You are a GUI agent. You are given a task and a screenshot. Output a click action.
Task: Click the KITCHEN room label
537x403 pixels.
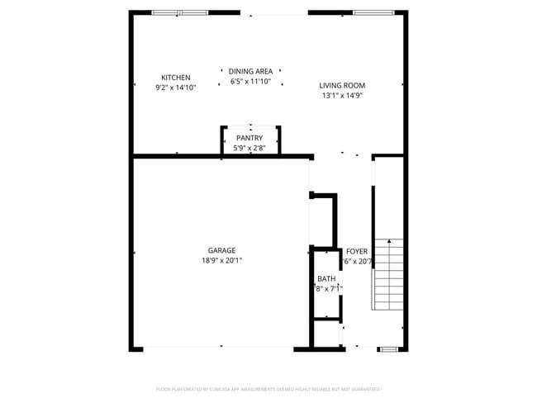click(175, 78)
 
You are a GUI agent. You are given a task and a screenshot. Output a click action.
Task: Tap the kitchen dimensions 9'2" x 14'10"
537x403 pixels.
click(175, 87)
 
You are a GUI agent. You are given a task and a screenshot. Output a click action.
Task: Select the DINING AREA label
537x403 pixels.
click(250, 72)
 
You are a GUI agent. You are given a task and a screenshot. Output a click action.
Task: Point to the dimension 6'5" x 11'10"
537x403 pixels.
click(250, 82)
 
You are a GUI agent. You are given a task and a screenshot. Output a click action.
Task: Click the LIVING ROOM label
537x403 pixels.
click(342, 85)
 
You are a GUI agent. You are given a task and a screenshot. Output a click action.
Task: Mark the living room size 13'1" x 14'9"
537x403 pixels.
click(342, 95)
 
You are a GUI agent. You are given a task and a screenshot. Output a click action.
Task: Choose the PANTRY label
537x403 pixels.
click(249, 138)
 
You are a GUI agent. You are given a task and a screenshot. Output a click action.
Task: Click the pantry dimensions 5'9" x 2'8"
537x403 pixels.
click(249, 148)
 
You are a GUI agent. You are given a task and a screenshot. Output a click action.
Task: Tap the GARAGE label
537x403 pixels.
click(221, 250)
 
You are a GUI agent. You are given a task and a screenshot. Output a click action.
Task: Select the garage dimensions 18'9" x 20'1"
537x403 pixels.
click(221, 260)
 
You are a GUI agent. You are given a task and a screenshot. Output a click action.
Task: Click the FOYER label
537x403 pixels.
click(357, 251)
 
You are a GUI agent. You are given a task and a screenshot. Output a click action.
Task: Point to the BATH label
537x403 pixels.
click(326, 279)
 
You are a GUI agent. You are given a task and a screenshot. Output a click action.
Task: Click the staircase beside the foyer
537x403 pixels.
click(388, 273)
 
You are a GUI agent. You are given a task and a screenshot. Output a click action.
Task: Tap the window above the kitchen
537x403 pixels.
click(179, 12)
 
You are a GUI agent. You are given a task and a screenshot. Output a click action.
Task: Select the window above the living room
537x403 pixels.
click(378, 12)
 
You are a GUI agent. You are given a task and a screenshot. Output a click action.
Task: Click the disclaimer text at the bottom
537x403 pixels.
click(268, 388)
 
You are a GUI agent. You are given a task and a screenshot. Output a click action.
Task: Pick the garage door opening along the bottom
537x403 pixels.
click(221, 346)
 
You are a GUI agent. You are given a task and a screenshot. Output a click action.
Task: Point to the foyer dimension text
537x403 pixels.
click(359, 261)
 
